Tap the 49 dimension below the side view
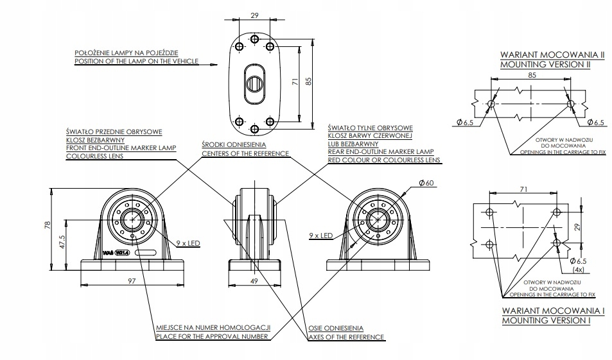(x=255, y=281)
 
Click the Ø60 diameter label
(x=426, y=184)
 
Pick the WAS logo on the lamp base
(x=109, y=253)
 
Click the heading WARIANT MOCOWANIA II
(x=552, y=55)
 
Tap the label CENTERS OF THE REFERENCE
(x=245, y=153)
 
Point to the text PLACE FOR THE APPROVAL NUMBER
(x=213, y=336)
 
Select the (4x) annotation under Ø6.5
(x=579, y=270)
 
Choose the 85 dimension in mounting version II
(x=532, y=75)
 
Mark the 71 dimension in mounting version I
(x=524, y=189)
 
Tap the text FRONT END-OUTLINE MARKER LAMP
(x=121, y=148)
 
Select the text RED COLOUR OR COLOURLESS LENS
(x=383, y=159)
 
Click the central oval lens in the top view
(x=254, y=83)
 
